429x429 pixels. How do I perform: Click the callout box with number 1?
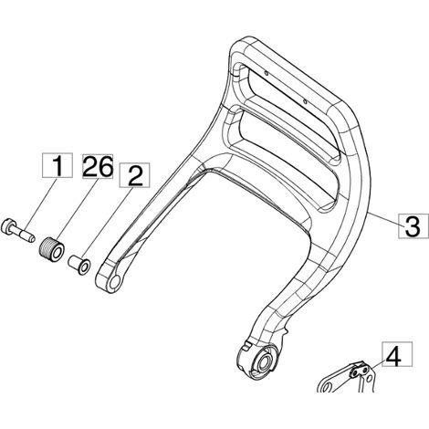tap(58, 165)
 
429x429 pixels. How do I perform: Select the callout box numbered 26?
tap(98, 166)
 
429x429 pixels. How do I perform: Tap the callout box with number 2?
tap(135, 175)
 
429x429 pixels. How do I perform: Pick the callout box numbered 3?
tap(413, 226)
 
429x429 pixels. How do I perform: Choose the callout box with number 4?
tap(397, 354)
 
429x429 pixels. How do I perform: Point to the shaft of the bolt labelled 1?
tap(25, 235)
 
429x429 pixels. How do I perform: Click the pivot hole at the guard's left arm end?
tap(115, 281)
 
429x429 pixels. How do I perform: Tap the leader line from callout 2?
tap(110, 225)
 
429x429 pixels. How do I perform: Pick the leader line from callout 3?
tap(384, 219)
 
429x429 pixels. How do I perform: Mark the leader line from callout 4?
tap(377, 362)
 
